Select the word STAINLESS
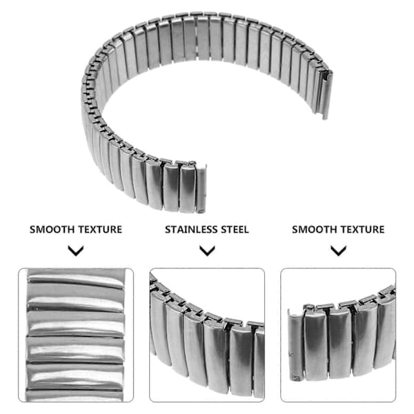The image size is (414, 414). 191,230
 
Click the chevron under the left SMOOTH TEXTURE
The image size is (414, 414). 76,250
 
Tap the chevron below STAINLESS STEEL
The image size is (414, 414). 207,250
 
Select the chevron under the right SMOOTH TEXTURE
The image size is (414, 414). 339,250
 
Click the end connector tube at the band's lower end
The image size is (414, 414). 201,189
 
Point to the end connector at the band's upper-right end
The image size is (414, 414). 326,95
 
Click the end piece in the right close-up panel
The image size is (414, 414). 296,346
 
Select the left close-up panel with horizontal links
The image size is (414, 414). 76,335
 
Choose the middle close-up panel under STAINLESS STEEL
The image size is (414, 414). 207,335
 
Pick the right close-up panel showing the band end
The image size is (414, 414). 338,335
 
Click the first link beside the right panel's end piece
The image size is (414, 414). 317,343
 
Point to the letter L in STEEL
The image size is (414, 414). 246,230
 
